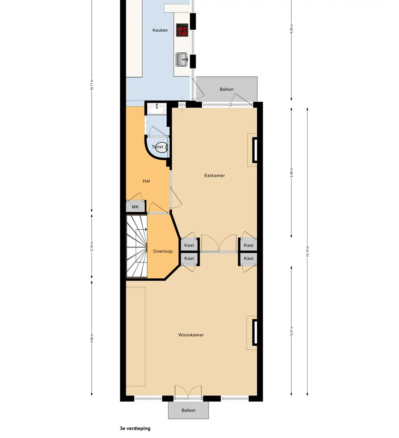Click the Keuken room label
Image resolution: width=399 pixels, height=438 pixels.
[160, 30]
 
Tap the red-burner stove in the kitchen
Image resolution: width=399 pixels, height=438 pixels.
[182, 30]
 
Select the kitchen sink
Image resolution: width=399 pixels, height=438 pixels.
[182, 60]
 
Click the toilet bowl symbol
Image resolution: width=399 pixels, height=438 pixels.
[161, 147]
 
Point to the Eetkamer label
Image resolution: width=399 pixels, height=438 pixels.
[215, 176]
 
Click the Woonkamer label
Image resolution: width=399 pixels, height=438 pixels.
[191, 335]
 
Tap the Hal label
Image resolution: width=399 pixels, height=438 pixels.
[146, 181]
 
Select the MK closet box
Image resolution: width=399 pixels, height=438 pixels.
[136, 207]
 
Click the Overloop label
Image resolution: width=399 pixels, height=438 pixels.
[163, 252]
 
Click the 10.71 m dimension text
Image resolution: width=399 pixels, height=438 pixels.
[92, 85]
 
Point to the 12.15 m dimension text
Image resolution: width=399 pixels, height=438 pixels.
[308, 252]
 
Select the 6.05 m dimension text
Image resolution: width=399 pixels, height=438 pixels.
[291, 29]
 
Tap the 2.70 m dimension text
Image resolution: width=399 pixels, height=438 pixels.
[92, 246]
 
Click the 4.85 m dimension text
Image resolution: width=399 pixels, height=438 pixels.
[92, 338]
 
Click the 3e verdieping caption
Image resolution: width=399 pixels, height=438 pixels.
[135, 428]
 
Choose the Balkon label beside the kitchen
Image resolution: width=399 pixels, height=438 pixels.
[227, 89]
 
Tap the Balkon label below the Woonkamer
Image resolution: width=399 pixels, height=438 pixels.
[189, 411]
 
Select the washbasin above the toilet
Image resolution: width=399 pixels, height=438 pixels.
[157, 109]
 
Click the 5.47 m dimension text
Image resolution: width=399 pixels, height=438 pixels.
[291, 331]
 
